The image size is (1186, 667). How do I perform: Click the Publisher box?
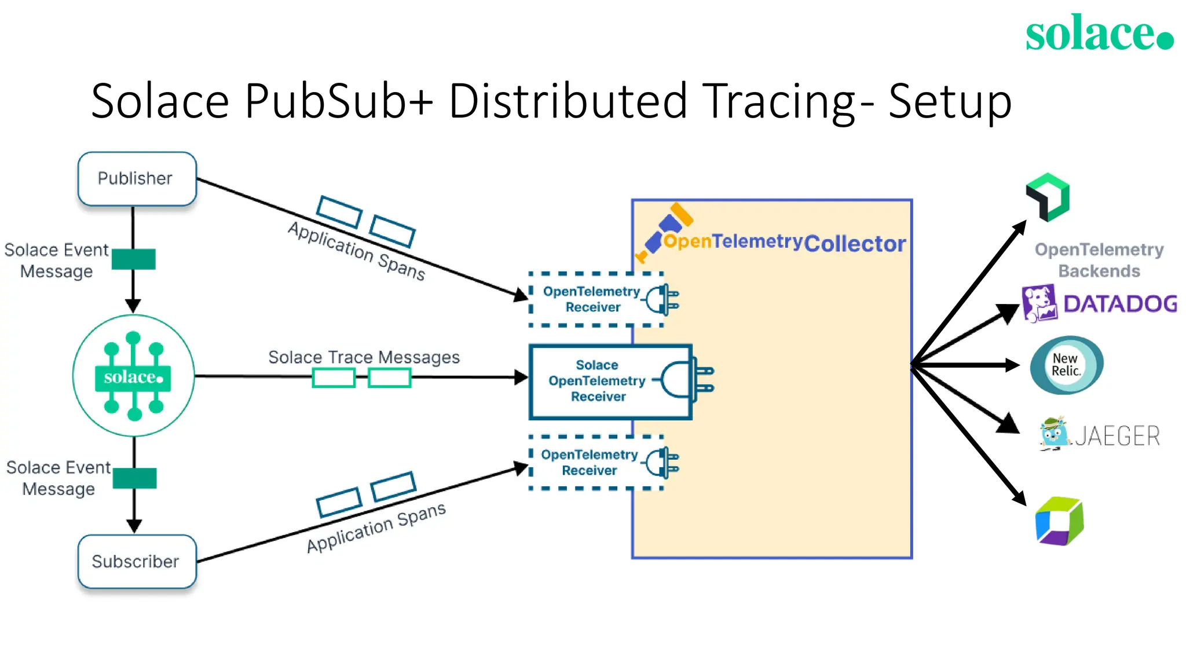[x=137, y=178]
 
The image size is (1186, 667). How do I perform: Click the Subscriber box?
[x=137, y=561]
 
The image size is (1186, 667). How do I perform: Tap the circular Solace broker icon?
[x=133, y=376]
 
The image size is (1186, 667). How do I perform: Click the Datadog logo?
[x=1099, y=303]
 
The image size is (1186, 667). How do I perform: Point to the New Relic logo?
[x=1066, y=365]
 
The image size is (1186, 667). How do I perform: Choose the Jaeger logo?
[x=1099, y=435]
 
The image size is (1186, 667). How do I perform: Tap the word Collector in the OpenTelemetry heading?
[x=854, y=244]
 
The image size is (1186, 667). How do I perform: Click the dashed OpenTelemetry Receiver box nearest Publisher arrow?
[x=595, y=299]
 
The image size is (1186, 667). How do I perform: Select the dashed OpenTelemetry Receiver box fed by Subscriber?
[x=595, y=463]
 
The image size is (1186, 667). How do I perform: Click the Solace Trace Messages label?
[x=364, y=357]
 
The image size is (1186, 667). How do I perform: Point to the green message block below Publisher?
[x=133, y=259]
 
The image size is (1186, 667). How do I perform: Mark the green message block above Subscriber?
[x=134, y=478]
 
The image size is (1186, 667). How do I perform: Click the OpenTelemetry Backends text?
[x=1099, y=260]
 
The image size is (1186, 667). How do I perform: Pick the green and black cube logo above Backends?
[x=1048, y=197]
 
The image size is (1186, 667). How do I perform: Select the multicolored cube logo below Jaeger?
[x=1059, y=521]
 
